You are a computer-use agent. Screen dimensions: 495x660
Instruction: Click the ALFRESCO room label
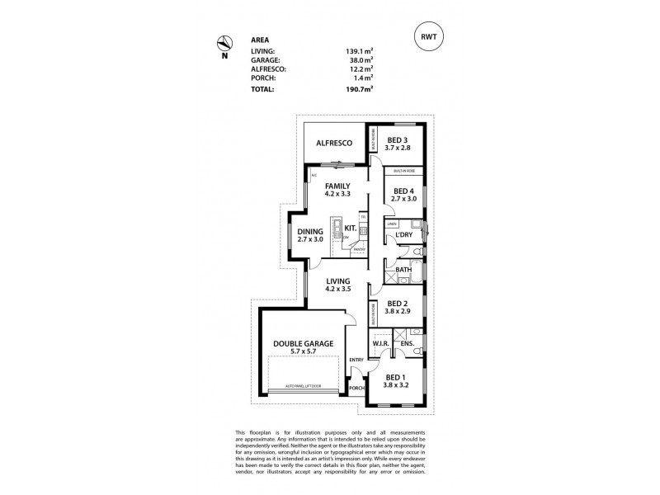(x=335, y=144)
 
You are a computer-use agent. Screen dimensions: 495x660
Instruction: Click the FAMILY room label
(x=337, y=186)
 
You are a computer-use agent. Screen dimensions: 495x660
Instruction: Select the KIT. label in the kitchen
(x=350, y=228)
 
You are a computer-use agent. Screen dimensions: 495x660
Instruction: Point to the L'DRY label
(x=403, y=236)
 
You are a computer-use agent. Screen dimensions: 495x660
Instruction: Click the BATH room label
(x=403, y=270)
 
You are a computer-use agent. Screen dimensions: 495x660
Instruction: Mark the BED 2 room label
(x=398, y=303)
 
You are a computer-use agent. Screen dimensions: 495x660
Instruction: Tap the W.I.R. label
(x=380, y=342)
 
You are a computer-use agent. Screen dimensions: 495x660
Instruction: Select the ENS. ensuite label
(x=407, y=342)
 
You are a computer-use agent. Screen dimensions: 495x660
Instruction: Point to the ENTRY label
(x=356, y=360)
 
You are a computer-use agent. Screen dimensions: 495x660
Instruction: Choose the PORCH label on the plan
(x=357, y=388)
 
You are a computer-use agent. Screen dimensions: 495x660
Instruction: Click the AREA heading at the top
(x=259, y=39)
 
